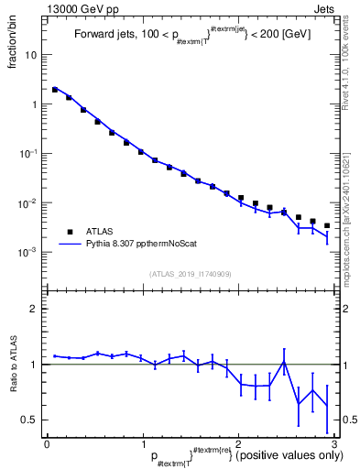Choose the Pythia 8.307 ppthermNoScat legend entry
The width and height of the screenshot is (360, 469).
(x=128, y=245)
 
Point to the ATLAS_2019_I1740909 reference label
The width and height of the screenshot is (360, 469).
(x=191, y=273)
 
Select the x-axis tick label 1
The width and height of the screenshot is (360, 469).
(x=142, y=444)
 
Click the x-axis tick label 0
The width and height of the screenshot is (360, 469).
(x=47, y=444)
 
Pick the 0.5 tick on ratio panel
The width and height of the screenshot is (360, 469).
(x=29, y=420)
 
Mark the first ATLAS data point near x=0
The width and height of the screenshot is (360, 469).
(x=55, y=90)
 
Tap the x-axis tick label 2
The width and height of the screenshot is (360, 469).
(x=238, y=444)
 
